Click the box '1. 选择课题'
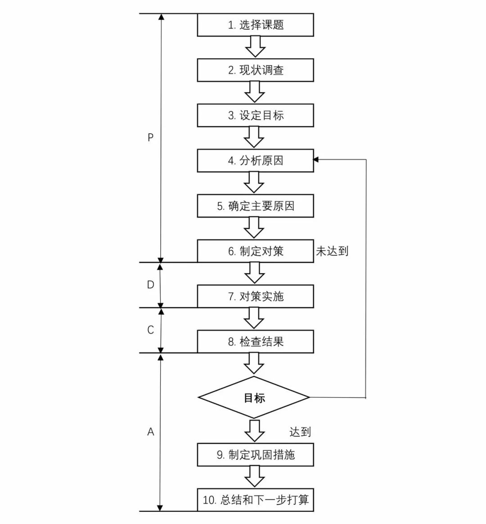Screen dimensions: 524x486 point(255,25)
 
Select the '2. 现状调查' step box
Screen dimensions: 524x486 point(255,70)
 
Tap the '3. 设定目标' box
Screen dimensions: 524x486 point(255,115)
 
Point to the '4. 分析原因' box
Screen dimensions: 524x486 point(255,161)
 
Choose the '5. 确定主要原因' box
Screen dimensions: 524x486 point(255,206)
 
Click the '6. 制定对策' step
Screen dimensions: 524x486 point(255,251)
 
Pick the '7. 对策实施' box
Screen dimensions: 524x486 point(255,296)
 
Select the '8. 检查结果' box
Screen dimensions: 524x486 point(255,342)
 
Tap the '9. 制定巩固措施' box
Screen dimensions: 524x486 point(255,455)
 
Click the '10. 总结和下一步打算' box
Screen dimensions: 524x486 point(255,500)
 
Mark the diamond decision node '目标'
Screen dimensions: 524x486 point(254,398)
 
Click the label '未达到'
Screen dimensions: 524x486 point(332,251)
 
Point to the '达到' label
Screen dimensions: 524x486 point(300,432)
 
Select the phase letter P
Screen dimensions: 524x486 point(151,137)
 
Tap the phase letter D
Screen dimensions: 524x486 point(151,285)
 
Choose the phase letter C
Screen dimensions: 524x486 point(151,330)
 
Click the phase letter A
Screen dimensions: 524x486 point(151,432)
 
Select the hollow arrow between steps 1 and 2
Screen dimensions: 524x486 point(255,47)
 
